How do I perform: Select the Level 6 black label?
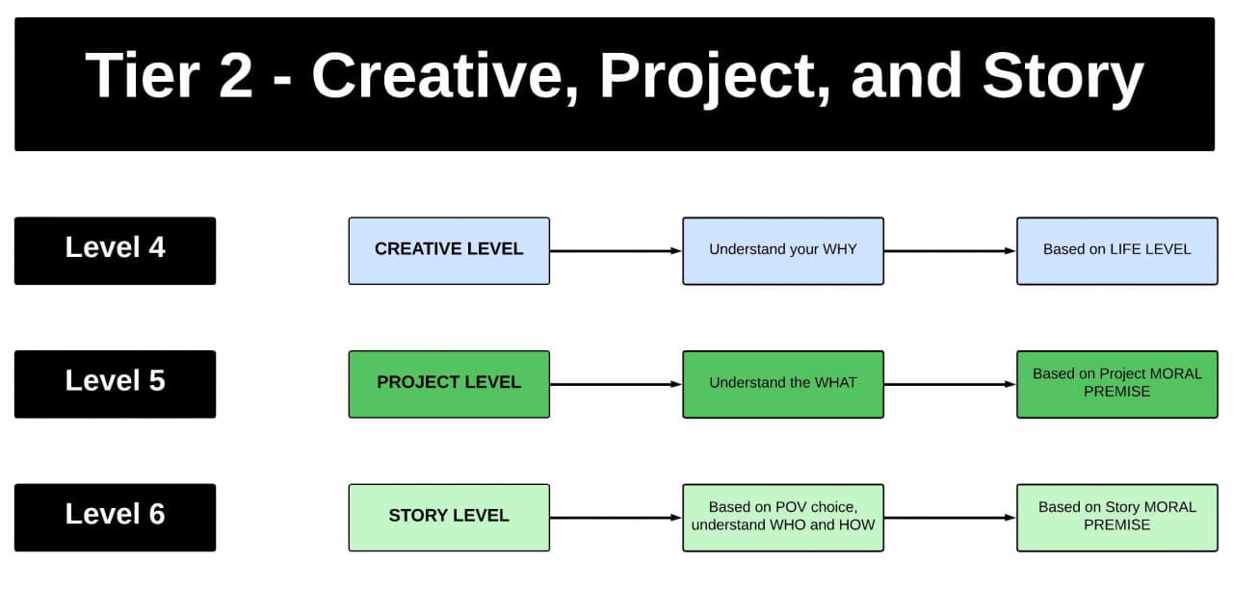[x=115, y=517]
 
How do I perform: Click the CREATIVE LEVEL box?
[x=449, y=250]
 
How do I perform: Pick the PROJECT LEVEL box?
[x=449, y=384]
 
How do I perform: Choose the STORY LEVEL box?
[x=449, y=517]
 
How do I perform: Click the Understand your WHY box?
[x=782, y=250]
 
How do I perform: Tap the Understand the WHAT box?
[x=782, y=384]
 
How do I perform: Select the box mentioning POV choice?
[x=782, y=517]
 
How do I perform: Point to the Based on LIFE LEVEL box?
[x=1116, y=250]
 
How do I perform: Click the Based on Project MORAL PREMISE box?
[x=1116, y=384]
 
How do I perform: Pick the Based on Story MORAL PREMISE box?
[x=1116, y=517]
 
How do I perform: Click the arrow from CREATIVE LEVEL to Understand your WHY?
[x=616, y=251]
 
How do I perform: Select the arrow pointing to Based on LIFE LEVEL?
[x=950, y=251]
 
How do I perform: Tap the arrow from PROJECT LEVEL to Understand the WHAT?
[x=616, y=385]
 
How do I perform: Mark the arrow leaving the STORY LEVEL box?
[x=616, y=518]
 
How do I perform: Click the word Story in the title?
[x=1062, y=77]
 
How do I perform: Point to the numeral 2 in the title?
[x=235, y=77]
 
